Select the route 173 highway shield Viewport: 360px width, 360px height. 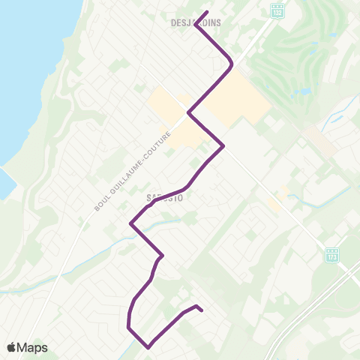pos(332,256)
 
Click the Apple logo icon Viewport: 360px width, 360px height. pos(11,347)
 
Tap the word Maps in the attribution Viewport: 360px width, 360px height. pos(32,347)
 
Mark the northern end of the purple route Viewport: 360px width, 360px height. pos(206,12)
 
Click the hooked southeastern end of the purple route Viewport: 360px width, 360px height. pos(201,309)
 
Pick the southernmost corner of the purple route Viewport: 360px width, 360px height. pos(148,346)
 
